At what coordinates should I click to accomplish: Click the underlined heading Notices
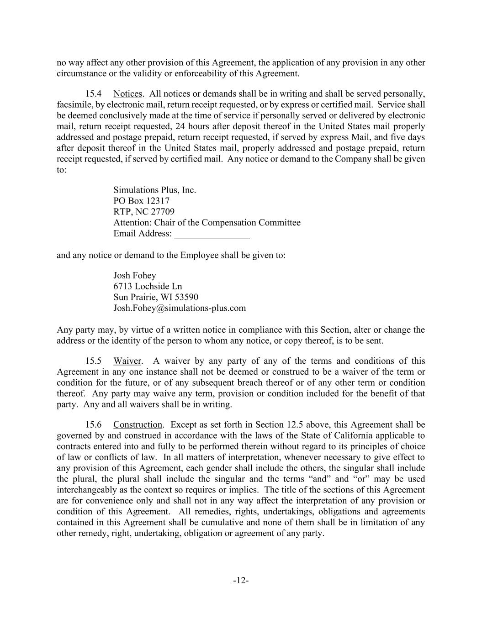click(x=128, y=94)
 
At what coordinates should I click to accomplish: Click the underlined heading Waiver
click(x=127, y=361)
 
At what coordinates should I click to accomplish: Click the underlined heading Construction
click(x=138, y=425)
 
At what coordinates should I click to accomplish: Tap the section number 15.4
click(x=93, y=94)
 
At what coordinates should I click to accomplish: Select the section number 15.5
click(x=93, y=361)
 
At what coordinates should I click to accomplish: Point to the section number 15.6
click(x=93, y=425)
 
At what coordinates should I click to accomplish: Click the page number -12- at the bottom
click(x=241, y=581)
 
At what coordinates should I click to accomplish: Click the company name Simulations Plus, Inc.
click(x=154, y=190)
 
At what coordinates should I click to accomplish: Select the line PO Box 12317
click(x=141, y=201)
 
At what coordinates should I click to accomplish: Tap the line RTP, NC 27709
click(x=143, y=212)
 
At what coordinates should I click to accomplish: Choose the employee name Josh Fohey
click(x=134, y=275)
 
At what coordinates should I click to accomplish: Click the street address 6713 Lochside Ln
click(x=148, y=286)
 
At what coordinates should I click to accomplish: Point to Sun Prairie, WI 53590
click(x=156, y=297)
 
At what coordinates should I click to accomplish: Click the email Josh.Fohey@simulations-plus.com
click(x=180, y=308)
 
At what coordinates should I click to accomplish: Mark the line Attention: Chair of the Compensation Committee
click(x=207, y=223)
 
